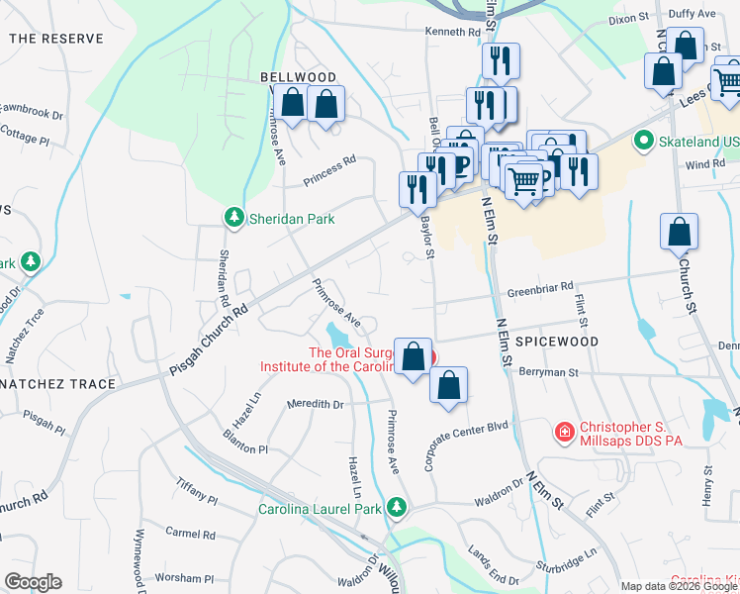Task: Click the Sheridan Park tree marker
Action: pos(232,218)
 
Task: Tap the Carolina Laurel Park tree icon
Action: pos(397,508)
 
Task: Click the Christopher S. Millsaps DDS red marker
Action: pos(564,432)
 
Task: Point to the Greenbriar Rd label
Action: pos(540,287)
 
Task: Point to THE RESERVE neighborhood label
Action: pos(56,38)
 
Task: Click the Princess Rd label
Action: pos(329,169)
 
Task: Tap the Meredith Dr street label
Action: pos(315,404)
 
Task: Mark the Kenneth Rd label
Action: pos(452,32)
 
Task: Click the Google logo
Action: pos(33,581)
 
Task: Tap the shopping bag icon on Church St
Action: pos(679,234)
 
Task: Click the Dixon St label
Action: pos(627,18)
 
